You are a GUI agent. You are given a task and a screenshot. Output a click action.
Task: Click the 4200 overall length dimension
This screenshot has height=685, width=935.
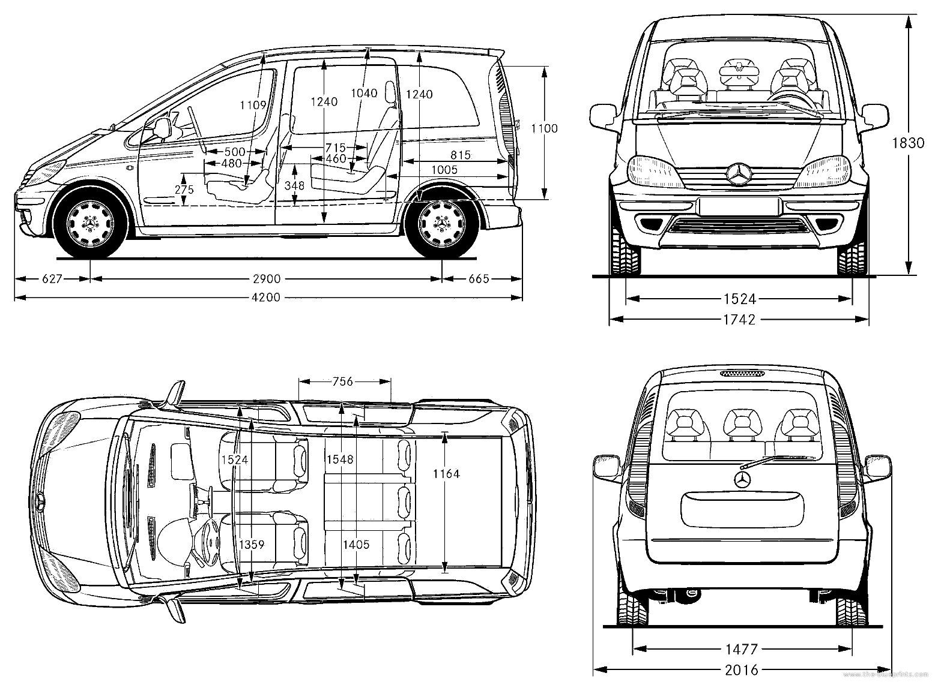pyautogui.click(x=266, y=297)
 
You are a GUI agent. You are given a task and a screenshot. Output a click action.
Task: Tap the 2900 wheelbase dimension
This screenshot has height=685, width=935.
pyautogui.click(x=266, y=279)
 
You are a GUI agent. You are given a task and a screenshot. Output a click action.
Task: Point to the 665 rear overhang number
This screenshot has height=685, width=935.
pyautogui.click(x=479, y=279)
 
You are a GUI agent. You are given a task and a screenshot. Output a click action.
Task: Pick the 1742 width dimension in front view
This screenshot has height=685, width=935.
pyautogui.click(x=739, y=320)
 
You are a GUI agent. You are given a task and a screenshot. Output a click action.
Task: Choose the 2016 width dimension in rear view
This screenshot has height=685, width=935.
pyautogui.click(x=742, y=670)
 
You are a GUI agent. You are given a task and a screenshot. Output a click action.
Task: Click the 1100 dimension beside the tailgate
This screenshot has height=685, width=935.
pyautogui.click(x=544, y=128)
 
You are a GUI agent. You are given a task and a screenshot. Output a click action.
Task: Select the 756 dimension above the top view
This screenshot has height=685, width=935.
pyautogui.click(x=343, y=381)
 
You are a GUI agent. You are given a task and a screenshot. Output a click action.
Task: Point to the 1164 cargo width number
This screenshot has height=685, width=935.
pyautogui.click(x=446, y=474)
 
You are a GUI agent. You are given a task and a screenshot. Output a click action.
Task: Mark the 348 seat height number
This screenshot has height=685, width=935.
pyautogui.click(x=294, y=186)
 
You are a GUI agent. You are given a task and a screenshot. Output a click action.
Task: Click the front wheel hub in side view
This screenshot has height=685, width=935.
pyautogui.click(x=90, y=223)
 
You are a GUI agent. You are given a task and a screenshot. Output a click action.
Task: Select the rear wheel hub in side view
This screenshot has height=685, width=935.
pyautogui.click(x=442, y=223)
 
